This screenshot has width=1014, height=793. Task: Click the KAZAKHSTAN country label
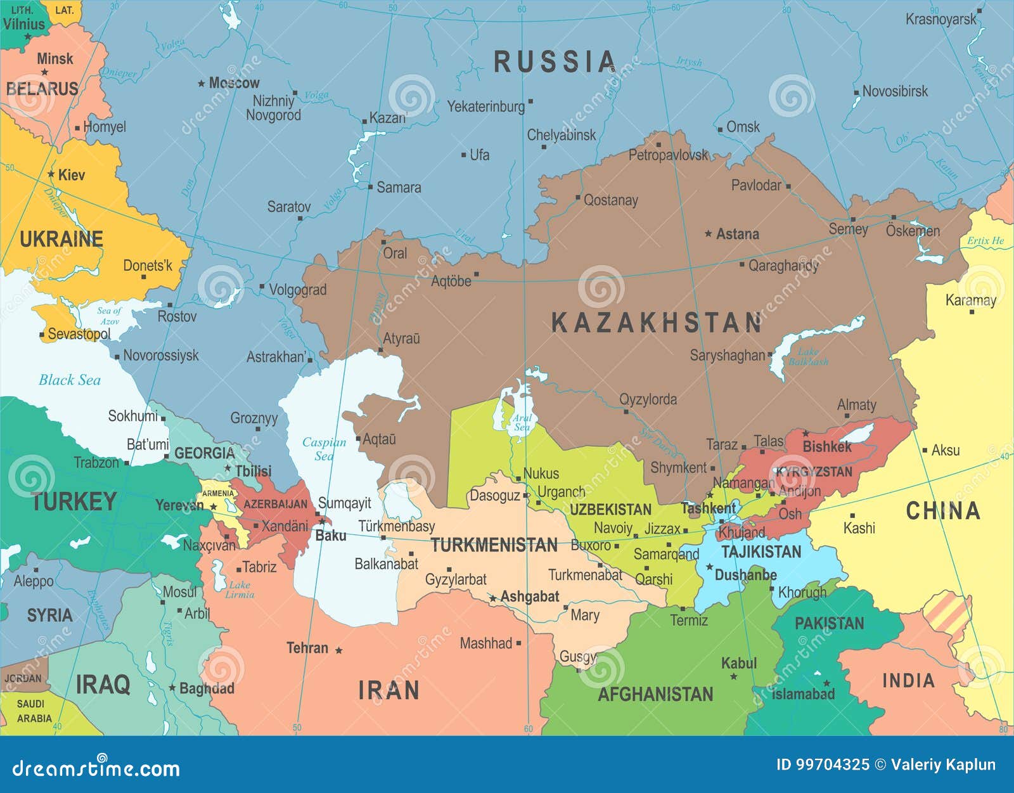657,323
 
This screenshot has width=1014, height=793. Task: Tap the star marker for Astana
709,234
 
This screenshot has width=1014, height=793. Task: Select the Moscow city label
234,82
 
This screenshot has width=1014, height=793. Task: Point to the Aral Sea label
522,422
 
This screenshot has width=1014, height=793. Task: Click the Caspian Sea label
324,449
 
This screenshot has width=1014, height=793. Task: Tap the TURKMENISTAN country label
494,545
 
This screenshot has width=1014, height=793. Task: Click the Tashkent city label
708,508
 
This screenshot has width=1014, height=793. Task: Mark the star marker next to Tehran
339,650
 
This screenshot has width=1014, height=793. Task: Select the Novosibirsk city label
895,91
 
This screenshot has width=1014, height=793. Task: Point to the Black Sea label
70,380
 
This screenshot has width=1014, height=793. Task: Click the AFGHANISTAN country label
655,694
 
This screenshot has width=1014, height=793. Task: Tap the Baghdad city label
207,688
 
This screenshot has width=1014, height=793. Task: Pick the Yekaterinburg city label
486,106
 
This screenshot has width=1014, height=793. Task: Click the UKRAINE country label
61,239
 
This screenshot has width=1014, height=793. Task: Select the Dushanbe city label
745,575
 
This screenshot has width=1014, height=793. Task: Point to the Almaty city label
856,404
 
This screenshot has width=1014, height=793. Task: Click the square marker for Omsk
720,130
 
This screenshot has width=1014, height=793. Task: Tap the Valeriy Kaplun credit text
943,764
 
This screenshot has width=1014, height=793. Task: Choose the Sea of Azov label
109,316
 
